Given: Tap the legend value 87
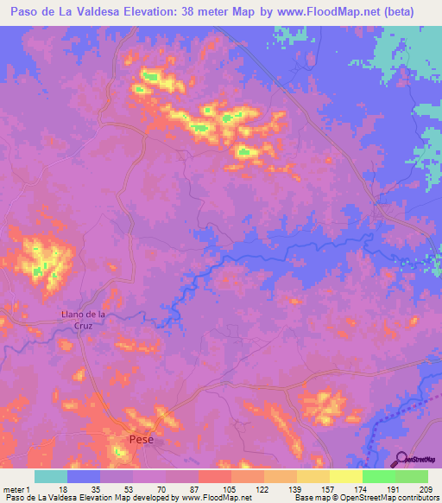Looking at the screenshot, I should (197, 488).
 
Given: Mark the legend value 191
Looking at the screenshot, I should (392, 488).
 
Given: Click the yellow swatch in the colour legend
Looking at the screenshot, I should (345, 476).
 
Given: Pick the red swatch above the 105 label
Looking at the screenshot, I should (214, 476).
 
